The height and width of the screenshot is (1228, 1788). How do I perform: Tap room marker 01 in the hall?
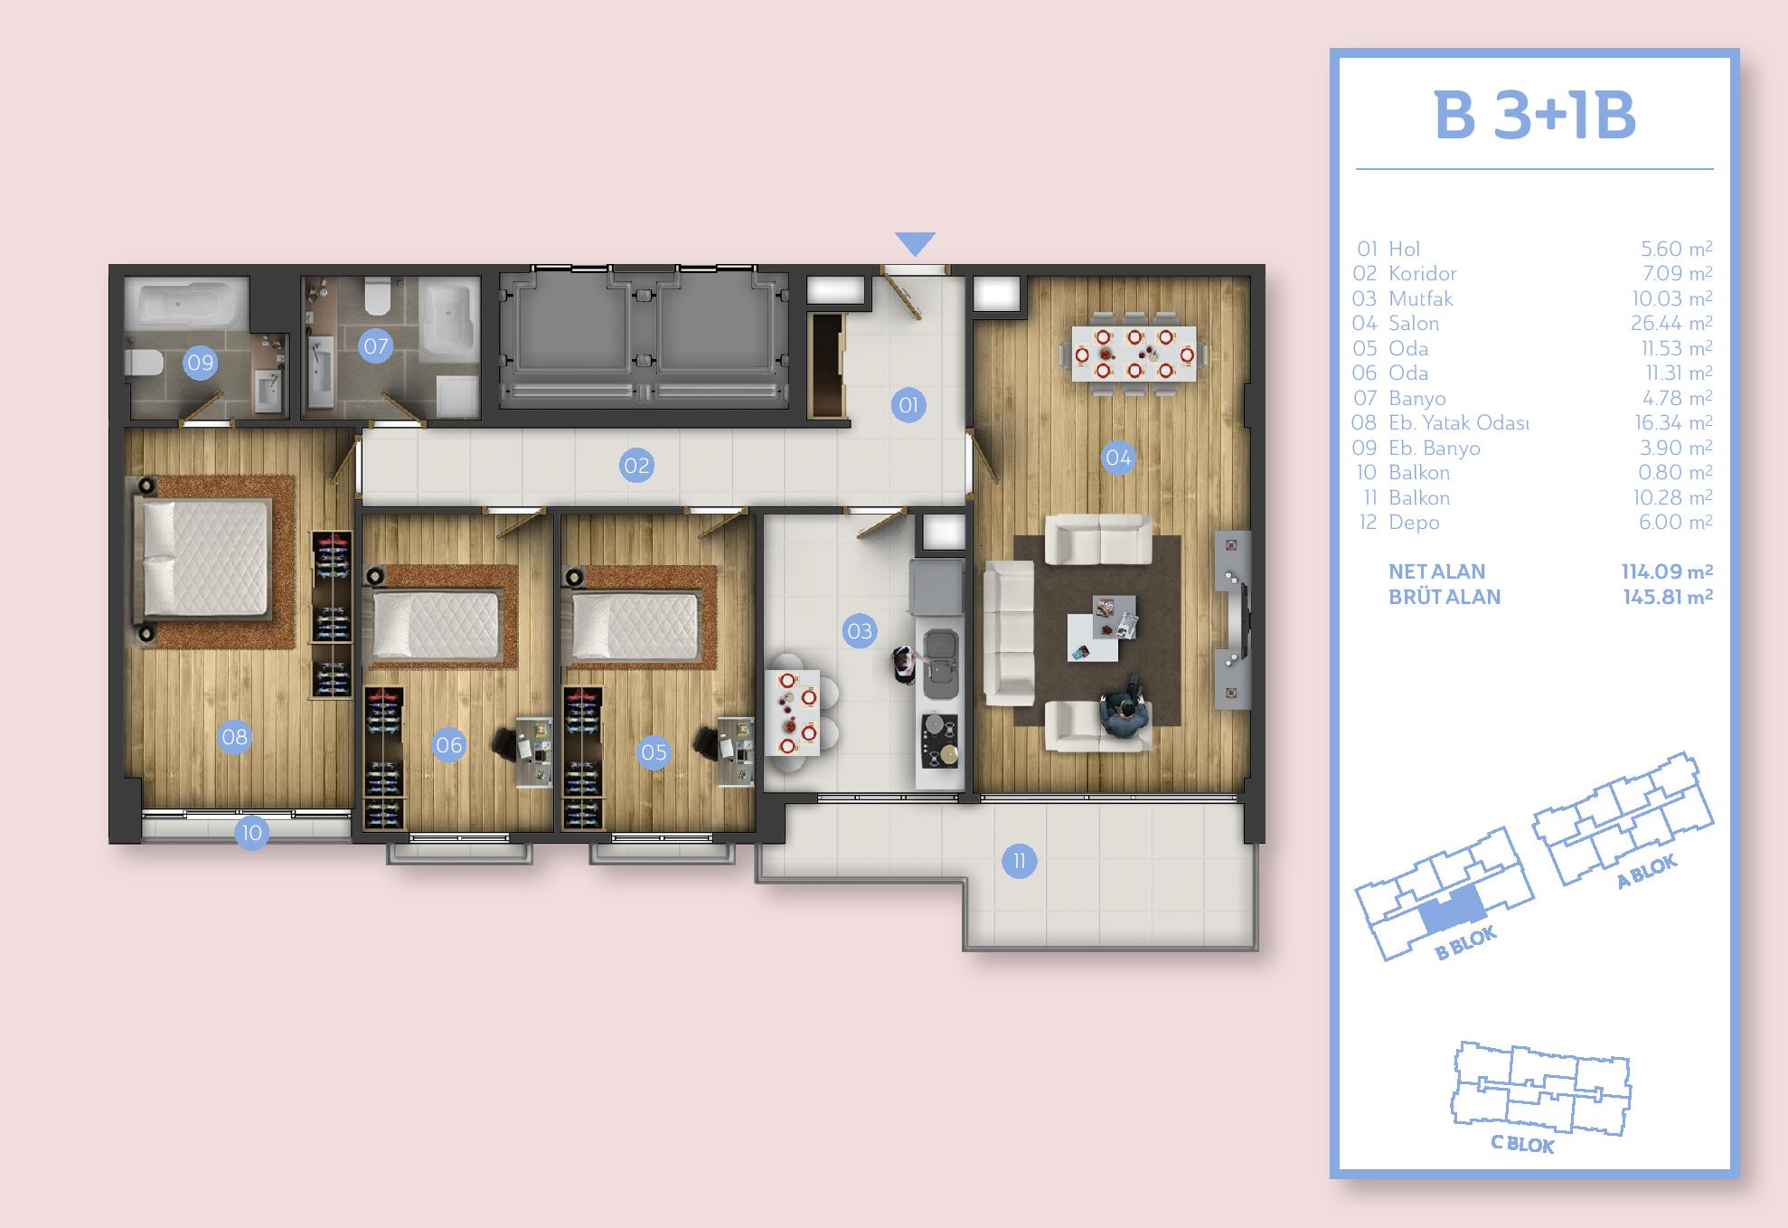tap(908, 405)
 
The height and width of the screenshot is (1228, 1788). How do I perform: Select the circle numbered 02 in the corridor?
tap(636, 466)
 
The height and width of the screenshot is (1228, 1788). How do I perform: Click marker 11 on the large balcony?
tap(1019, 861)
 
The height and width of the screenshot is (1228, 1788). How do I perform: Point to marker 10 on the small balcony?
tap(251, 832)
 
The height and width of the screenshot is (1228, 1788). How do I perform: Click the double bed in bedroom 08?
tap(204, 560)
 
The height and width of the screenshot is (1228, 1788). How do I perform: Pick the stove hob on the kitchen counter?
tap(939, 740)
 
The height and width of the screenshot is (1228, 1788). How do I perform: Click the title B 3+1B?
tap(1535, 116)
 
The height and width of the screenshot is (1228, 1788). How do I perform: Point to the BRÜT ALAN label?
tap(1445, 597)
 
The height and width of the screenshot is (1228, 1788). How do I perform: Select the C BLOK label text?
tap(1522, 1144)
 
